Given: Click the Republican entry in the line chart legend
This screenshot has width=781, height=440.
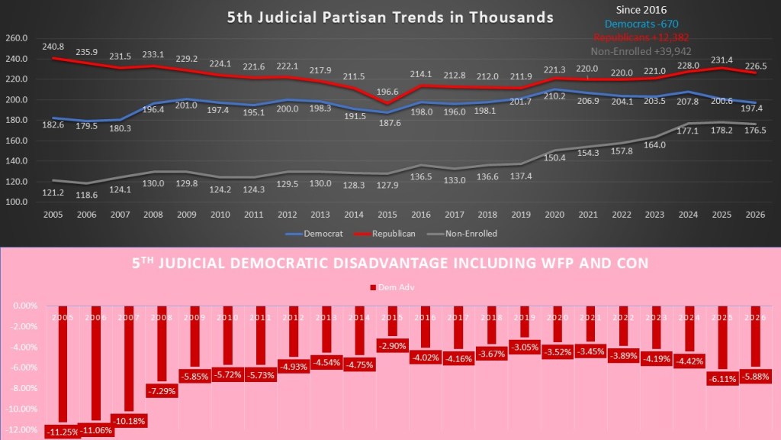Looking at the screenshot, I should [388, 234].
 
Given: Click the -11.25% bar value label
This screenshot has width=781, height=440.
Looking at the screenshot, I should [63, 432].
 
